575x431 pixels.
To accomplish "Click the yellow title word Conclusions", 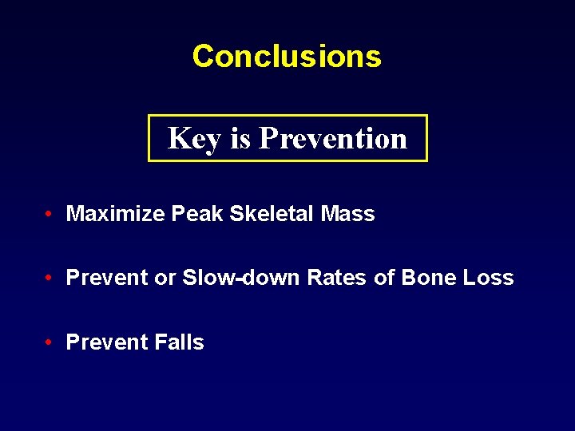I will click(x=287, y=56).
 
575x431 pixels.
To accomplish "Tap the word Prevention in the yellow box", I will click(x=333, y=138).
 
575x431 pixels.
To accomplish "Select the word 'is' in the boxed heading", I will click(x=240, y=139).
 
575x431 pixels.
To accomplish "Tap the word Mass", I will click(x=347, y=214).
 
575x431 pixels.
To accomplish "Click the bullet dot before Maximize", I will click(x=50, y=214).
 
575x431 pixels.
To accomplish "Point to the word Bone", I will click(x=427, y=278).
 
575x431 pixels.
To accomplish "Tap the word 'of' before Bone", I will click(x=373, y=278).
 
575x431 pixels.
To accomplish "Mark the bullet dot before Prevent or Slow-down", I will click(x=50, y=278).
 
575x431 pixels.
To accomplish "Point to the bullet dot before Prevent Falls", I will click(x=50, y=342).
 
